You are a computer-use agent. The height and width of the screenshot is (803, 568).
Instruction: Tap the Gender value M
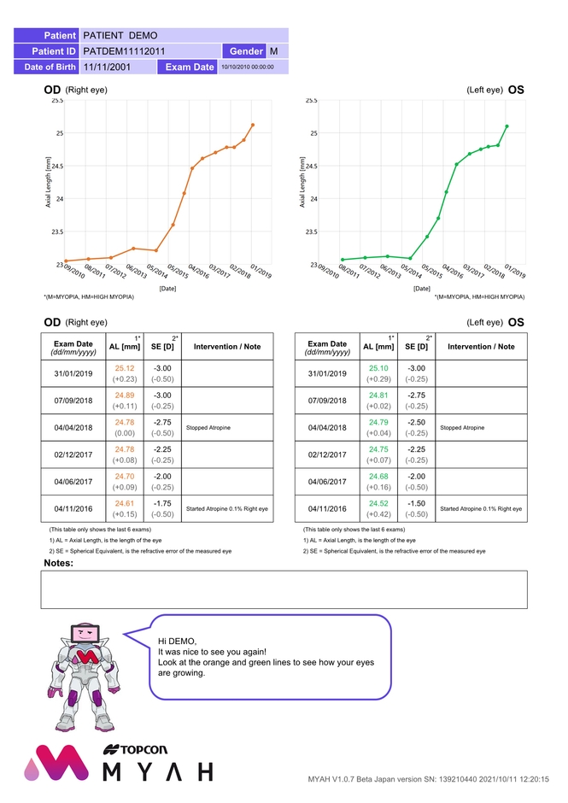pos(273,51)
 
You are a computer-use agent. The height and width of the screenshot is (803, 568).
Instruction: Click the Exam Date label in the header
pos(190,67)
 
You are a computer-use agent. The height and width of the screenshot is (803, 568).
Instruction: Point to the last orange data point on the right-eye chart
pos(253,125)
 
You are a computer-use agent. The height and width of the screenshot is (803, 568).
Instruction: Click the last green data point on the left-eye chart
pos(507,126)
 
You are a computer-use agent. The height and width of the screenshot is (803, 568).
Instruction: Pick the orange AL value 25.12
pos(126,368)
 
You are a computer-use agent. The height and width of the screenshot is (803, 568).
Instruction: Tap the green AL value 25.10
pos(378,368)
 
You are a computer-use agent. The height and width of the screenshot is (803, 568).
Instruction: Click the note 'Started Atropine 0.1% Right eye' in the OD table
pos(227,509)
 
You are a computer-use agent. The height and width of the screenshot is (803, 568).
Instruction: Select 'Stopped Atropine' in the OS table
pos(462,426)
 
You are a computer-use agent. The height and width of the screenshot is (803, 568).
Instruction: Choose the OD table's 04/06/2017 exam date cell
pos(73,481)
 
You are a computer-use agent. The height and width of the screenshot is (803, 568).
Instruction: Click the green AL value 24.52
pos(378,503)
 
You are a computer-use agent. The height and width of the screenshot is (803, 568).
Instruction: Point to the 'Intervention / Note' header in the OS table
pos(481,347)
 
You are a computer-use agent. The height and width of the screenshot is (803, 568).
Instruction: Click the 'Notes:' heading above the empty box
pos(59,564)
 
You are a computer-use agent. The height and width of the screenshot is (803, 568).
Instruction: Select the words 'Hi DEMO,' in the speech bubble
pos(177,641)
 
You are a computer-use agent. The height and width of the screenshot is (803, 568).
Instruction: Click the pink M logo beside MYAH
pos(56,765)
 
